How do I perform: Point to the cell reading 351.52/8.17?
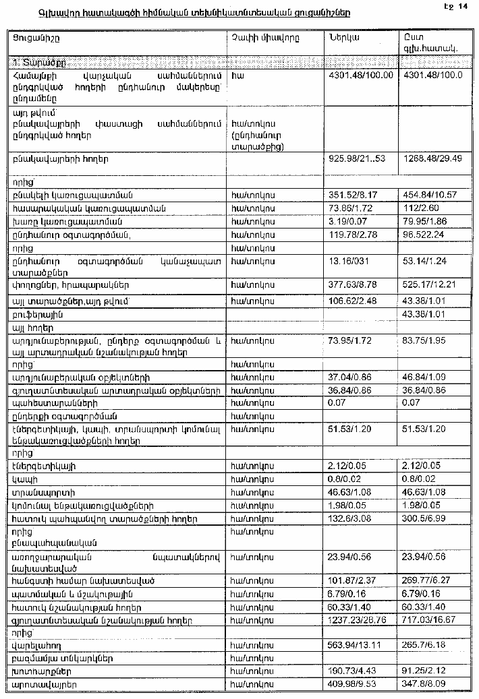tap(352, 195)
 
